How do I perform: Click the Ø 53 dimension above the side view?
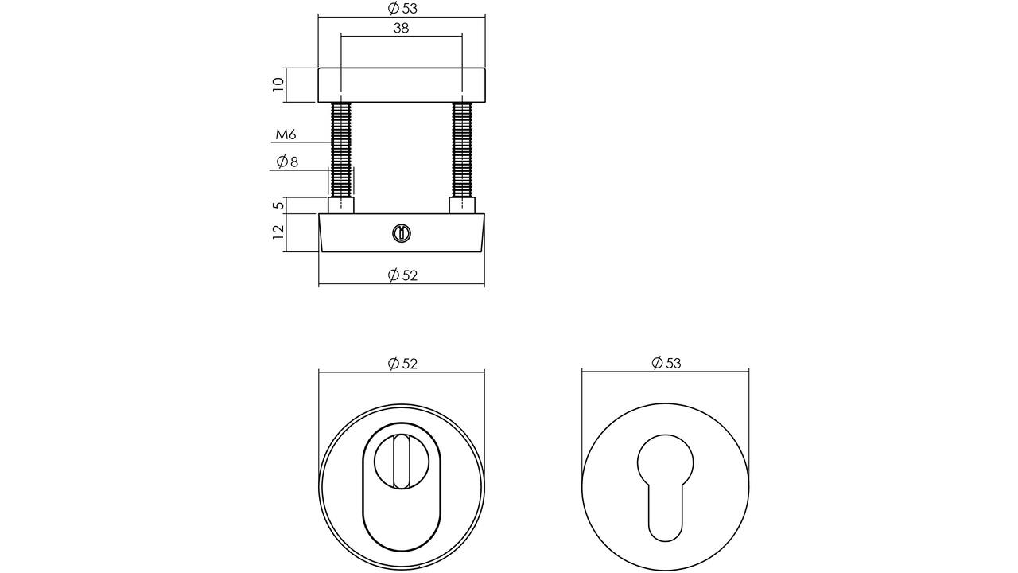(x=402, y=8)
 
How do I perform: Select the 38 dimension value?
(x=401, y=28)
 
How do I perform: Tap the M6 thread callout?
(x=286, y=134)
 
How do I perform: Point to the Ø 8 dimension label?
(x=287, y=162)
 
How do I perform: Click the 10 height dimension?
(x=278, y=84)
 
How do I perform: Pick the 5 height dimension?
(x=279, y=205)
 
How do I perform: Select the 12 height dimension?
(x=278, y=232)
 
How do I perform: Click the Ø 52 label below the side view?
(x=402, y=275)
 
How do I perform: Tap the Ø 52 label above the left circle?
(x=402, y=364)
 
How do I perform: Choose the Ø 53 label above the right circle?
(x=666, y=363)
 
